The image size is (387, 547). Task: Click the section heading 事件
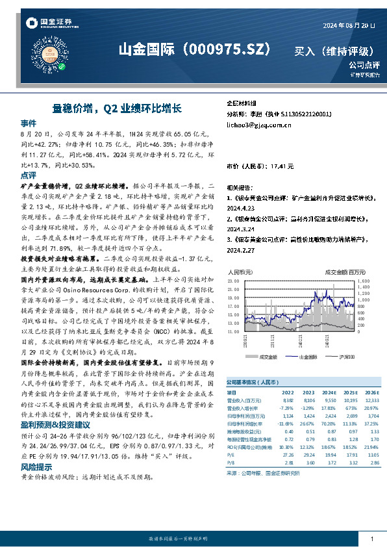[x=29, y=123]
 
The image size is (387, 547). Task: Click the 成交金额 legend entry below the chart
[x=268, y=357]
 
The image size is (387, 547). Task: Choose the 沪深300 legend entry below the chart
[x=348, y=357]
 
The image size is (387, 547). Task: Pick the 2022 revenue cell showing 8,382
[x=288, y=401]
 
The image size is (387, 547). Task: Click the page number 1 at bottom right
[x=370, y=539]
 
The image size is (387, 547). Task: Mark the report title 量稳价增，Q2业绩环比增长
[x=116, y=107]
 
